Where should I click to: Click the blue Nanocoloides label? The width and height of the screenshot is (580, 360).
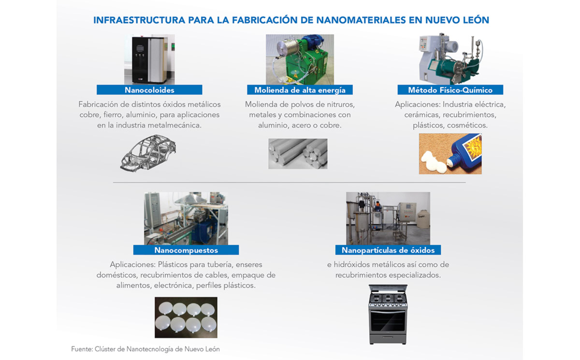pos(149,90)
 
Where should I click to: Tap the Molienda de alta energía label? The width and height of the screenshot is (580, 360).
pos(300,90)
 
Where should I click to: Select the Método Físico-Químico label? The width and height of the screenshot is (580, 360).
pos(450,90)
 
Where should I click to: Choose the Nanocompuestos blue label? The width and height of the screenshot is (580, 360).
pos(186,250)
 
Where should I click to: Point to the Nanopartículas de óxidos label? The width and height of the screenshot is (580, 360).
pos(388,250)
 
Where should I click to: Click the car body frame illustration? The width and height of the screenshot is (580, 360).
pos(148,153)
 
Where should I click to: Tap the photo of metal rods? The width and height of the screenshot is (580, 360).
pos(298,154)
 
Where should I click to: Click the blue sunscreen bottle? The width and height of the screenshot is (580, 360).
pos(466,151)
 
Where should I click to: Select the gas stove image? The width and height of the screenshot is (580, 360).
pos(388,315)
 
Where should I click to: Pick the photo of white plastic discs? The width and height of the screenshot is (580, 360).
pos(186,317)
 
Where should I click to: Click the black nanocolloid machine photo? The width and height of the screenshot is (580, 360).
pos(149,59)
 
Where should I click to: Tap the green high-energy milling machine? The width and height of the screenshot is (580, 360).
pos(300,59)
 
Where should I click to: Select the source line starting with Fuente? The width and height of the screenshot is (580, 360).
pos(145,349)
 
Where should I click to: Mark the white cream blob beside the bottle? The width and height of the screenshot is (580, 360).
pos(434,162)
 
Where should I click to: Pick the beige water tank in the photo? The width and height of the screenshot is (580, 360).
pos(423,219)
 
